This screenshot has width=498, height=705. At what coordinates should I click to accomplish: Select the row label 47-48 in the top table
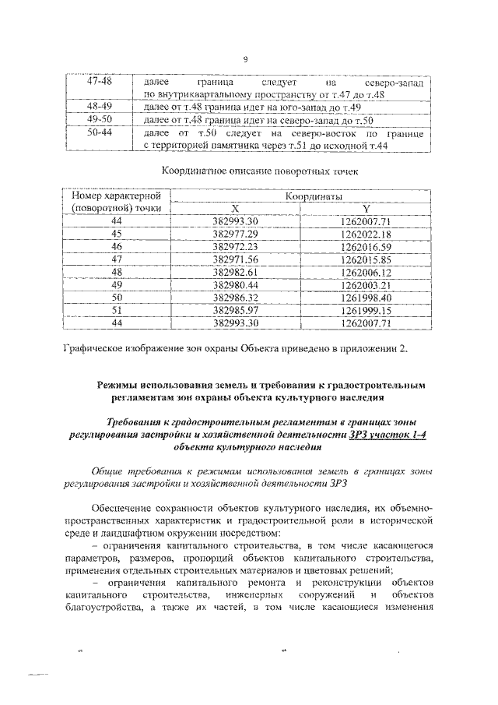[100, 82]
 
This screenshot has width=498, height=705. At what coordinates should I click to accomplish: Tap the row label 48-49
[100, 107]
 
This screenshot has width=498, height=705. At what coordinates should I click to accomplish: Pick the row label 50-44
[100, 133]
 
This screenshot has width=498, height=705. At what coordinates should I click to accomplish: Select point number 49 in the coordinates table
[117, 284]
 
